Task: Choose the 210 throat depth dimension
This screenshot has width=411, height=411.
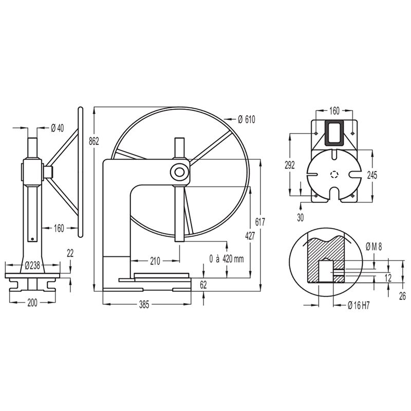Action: [154, 261]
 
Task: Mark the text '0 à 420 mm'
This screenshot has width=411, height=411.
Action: [227, 258]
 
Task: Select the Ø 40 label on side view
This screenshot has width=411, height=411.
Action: [57, 128]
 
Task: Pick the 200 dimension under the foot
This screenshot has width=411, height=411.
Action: [32, 303]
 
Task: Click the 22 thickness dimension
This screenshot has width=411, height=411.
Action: [70, 253]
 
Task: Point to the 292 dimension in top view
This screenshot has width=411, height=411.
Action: [290, 164]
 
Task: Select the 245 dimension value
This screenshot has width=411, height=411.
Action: [372, 175]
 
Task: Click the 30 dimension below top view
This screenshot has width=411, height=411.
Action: [300, 217]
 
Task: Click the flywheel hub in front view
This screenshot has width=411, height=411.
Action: [179, 172]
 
